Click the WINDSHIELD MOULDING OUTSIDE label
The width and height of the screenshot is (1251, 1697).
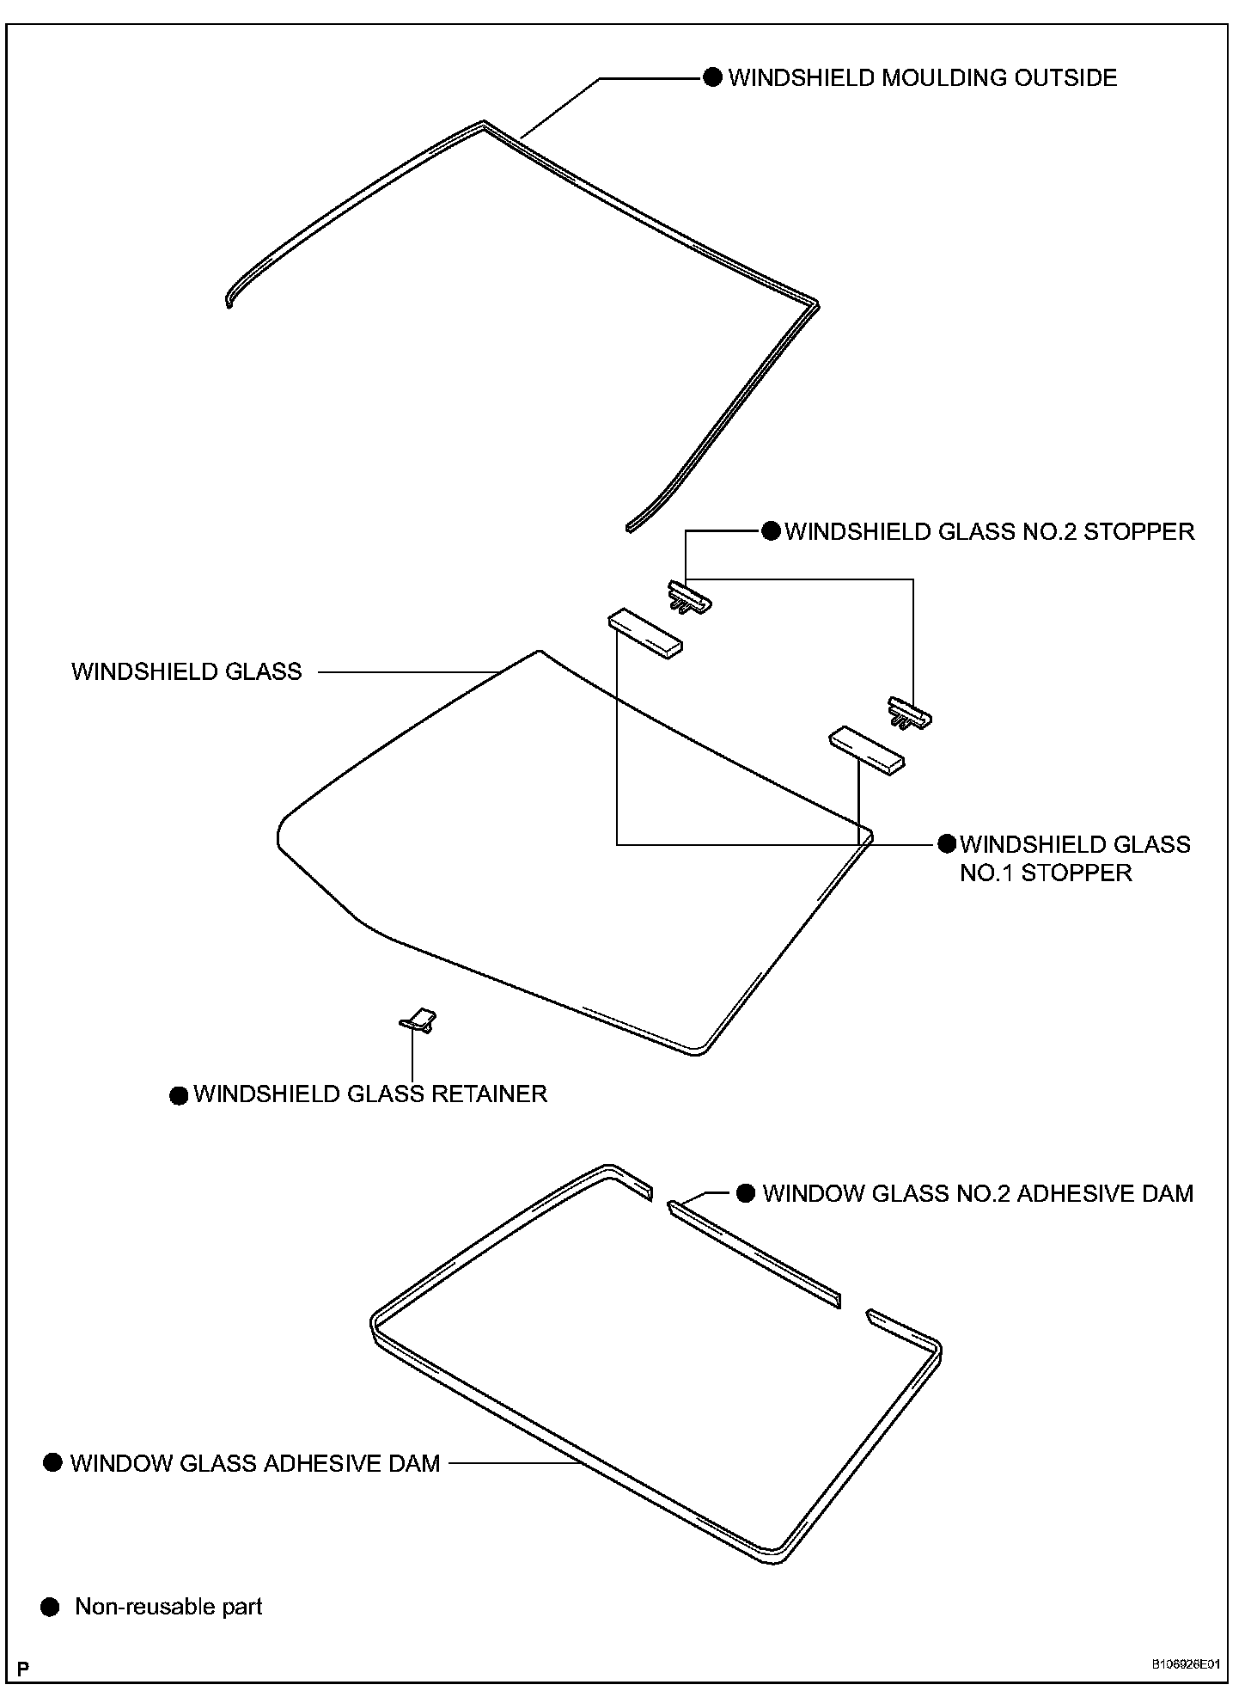point(922,78)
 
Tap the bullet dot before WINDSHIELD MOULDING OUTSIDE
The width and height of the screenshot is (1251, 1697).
point(712,78)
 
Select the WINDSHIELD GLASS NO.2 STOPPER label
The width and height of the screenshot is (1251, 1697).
point(989,531)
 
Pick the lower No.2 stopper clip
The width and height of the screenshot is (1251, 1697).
point(910,712)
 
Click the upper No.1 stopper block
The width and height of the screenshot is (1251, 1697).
point(645,633)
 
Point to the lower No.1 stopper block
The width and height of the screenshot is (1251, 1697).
point(866,750)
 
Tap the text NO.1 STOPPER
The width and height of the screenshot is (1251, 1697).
point(1046,873)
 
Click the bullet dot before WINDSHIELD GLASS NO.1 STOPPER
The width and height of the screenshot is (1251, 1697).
point(947,844)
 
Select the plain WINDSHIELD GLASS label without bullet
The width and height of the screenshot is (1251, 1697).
point(186,671)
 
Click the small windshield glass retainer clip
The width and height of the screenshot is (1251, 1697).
point(419,1020)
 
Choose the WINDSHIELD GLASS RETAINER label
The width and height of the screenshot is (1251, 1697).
point(370,1094)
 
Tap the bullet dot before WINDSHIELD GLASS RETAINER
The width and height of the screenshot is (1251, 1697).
point(179,1095)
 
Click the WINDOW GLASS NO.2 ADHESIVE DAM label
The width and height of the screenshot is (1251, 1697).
point(978,1193)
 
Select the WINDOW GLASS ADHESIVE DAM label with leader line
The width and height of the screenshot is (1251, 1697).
point(255,1463)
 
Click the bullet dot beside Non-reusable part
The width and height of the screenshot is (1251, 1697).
point(51,1607)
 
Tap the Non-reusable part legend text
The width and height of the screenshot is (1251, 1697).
point(168,1607)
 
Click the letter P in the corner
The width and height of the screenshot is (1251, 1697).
point(23,1669)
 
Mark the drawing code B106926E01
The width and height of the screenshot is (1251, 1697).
point(1186,1664)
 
